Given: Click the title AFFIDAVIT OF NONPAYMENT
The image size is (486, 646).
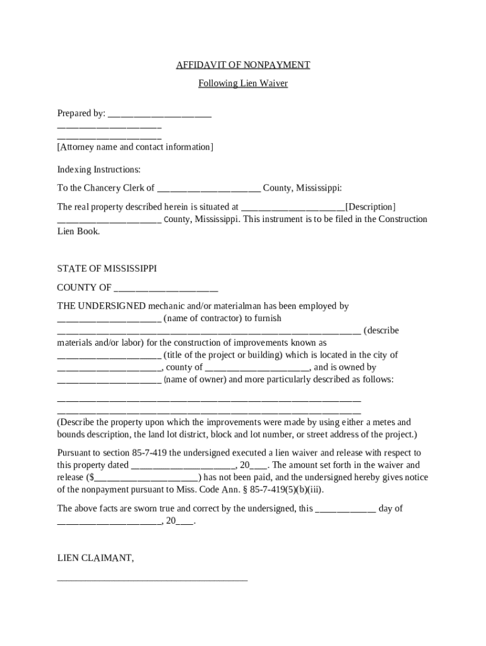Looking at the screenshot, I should (243, 65).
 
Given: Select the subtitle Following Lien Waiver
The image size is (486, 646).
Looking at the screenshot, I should (243, 83).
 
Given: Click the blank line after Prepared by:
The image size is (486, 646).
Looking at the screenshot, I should (160, 114).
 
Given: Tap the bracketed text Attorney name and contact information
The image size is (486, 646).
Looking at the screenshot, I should (135, 147).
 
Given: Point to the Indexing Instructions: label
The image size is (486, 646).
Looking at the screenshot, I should (99, 170).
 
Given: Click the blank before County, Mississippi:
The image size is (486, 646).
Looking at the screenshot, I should (208, 188).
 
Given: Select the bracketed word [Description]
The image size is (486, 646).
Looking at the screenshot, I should (370, 207).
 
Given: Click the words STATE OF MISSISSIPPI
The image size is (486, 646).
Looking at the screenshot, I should (107, 269).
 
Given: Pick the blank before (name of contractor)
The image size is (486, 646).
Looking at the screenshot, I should (109, 319).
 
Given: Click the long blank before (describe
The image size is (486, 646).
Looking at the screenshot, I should (209, 331).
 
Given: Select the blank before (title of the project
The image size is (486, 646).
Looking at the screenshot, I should (109, 355).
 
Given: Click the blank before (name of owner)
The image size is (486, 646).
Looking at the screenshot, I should (109, 380).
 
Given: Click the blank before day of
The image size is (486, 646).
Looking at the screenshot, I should (345, 508).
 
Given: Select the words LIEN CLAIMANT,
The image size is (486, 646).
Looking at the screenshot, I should (95, 558).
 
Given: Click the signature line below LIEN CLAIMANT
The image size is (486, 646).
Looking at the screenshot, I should (152, 578).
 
